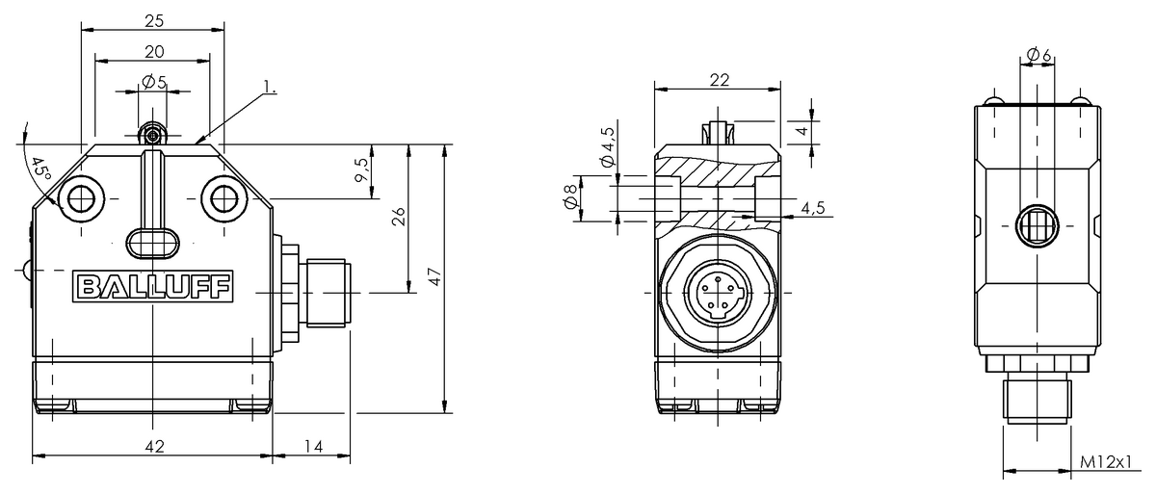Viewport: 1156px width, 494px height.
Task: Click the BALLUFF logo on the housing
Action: [x=153, y=287]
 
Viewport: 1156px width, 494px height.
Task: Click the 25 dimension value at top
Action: [x=153, y=20]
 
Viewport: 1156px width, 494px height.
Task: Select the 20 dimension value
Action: [x=153, y=51]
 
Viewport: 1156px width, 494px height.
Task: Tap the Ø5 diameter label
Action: [x=153, y=83]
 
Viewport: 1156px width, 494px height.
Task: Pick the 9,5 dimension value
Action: [x=362, y=171]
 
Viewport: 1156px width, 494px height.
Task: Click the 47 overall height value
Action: [x=435, y=277]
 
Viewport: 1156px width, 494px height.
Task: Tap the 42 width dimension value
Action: [x=153, y=446]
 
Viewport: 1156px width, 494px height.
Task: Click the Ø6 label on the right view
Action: [x=1038, y=56]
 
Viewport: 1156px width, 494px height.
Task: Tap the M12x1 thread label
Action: [x=1104, y=463]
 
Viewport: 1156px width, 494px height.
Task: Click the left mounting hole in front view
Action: [x=77, y=199]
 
